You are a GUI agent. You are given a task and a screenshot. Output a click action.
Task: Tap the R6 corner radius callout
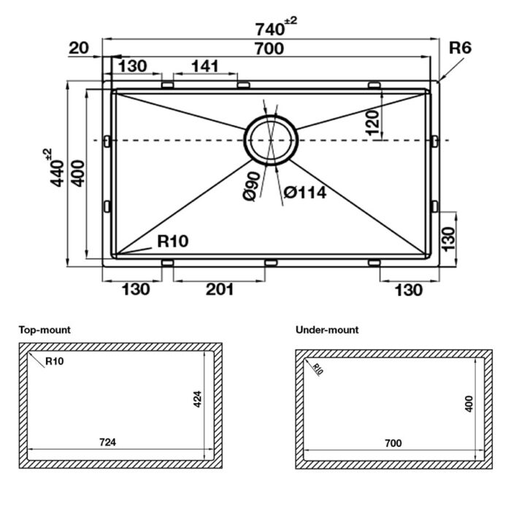point(461,48)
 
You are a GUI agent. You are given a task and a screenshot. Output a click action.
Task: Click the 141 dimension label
point(204,66)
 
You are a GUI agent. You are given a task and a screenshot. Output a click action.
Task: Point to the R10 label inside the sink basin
point(173,242)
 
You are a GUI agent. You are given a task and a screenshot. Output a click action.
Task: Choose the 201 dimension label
point(219,290)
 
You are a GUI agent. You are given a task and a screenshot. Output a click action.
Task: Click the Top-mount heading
point(45,330)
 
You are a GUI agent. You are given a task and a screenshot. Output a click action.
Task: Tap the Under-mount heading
point(327,330)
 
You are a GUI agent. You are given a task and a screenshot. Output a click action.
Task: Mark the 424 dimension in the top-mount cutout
point(198,399)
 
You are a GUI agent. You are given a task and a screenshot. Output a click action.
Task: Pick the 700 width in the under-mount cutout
point(393,443)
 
